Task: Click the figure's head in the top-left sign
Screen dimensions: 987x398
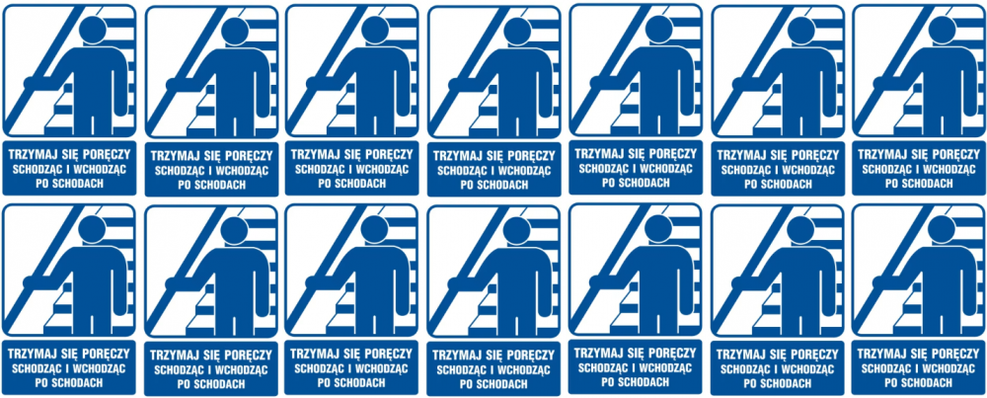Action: (x=93, y=31)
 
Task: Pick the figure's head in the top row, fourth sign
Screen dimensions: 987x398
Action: (x=517, y=31)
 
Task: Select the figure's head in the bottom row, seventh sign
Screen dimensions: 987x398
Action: (x=942, y=229)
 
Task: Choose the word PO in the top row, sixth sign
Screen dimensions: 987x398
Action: (x=750, y=184)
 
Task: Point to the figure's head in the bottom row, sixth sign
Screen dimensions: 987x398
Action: (x=800, y=230)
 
